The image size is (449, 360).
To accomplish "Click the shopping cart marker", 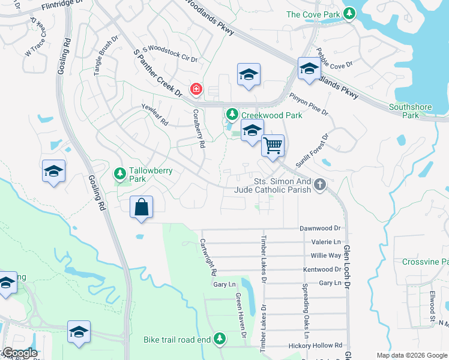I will pos(273,145).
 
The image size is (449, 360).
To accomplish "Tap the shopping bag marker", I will pos(140,207).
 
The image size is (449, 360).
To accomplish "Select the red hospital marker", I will pos(196,90).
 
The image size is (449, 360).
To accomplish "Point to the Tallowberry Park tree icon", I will pos(120,174).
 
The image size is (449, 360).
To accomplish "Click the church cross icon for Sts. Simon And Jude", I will pos(320,185).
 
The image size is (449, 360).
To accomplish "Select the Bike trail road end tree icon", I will pos(219,340).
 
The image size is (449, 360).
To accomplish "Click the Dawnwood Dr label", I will pos(320,229).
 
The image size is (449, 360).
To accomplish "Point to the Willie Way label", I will pos(326,256).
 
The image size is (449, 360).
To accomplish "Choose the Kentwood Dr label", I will pos(322,269).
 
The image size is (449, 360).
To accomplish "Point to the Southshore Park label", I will pos(411,111).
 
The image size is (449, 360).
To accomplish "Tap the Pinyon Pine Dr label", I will pos(309,103).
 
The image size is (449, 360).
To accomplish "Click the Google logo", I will pos(19,353).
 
